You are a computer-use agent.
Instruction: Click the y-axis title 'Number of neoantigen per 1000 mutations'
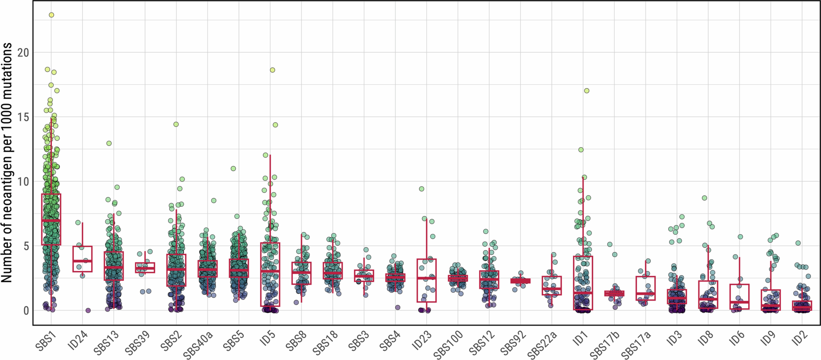(x=7, y=162)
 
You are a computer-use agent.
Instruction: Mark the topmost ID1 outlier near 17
(x=586, y=91)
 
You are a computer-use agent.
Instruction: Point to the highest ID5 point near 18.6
(x=273, y=70)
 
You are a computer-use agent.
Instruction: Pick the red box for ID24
(x=83, y=259)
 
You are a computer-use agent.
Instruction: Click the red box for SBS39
(x=145, y=268)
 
